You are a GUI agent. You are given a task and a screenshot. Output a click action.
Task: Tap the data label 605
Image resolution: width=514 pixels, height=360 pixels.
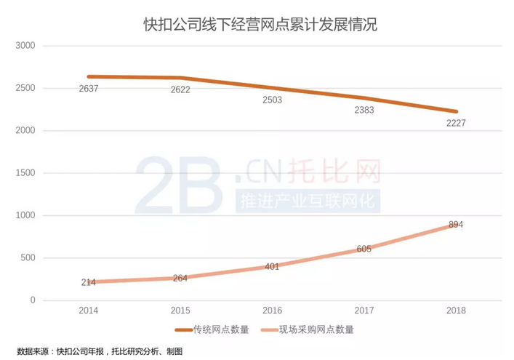point(364,249)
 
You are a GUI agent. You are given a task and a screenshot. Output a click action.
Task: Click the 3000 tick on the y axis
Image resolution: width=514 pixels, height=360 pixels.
point(25,46)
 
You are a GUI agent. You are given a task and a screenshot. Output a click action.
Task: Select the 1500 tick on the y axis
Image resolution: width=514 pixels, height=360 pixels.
point(25,173)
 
